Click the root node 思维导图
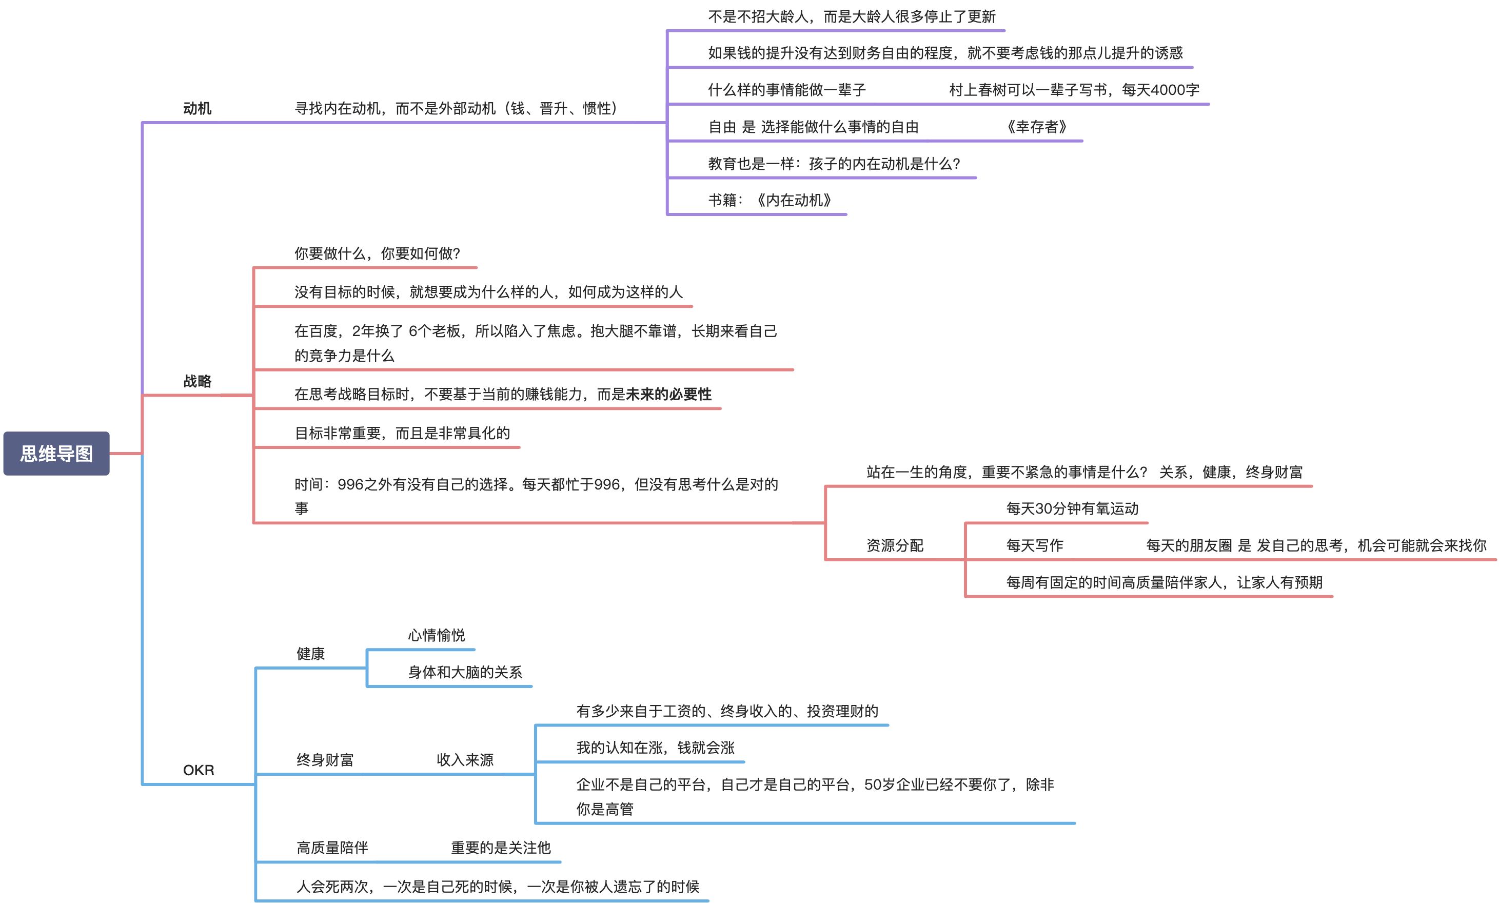[56, 454]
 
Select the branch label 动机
[197, 108]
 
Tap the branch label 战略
[197, 382]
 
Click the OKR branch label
[199, 770]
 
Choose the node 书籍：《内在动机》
[770, 200]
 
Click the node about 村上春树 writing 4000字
[1074, 90]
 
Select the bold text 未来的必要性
[668, 395]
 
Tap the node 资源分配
[894, 546]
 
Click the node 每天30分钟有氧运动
[1072, 508]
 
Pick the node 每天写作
[1034, 546]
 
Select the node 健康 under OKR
[310, 654]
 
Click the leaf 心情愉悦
[436, 636]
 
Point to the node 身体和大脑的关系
[465, 673]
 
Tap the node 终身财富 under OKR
[325, 760]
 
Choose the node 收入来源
[465, 760]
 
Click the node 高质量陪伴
[332, 848]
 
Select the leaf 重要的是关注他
[500, 848]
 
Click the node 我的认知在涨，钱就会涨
[655, 748]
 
